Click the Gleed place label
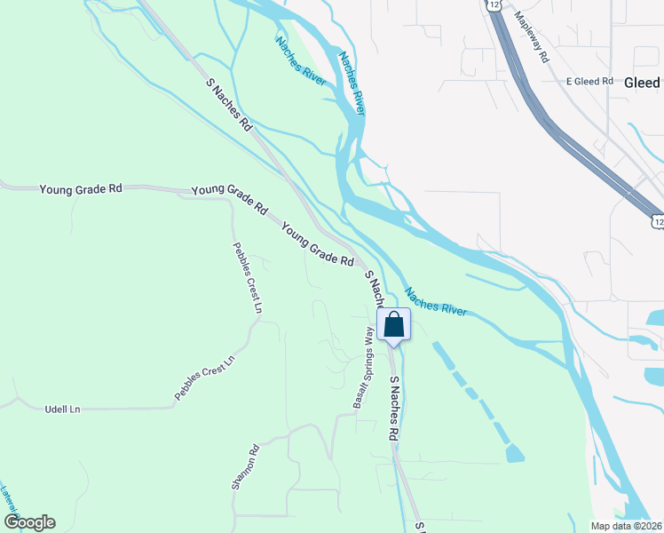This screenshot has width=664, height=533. pyautogui.click(x=642, y=82)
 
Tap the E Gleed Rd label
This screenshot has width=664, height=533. pyautogui.click(x=590, y=81)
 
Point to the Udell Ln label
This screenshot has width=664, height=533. pyautogui.click(x=62, y=409)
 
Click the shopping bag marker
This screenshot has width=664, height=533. pyautogui.click(x=394, y=325)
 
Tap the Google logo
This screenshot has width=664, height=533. pyautogui.click(x=29, y=522)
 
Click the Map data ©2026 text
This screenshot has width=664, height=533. pyautogui.click(x=626, y=526)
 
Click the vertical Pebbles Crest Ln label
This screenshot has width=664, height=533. pyautogui.click(x=248, y=278)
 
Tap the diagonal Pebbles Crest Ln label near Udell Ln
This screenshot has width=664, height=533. pyautogui.click(x=204, y=377)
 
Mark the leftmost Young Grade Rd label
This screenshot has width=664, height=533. pyautogui.click(x=80, y=189)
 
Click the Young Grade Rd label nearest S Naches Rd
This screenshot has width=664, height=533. pyautogui.click(x=318, y=246)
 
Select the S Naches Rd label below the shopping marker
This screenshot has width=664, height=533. pyautogui.click(x=393, y=408)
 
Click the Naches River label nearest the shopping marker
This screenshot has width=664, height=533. pyautogui.click(x=435, y=302)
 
